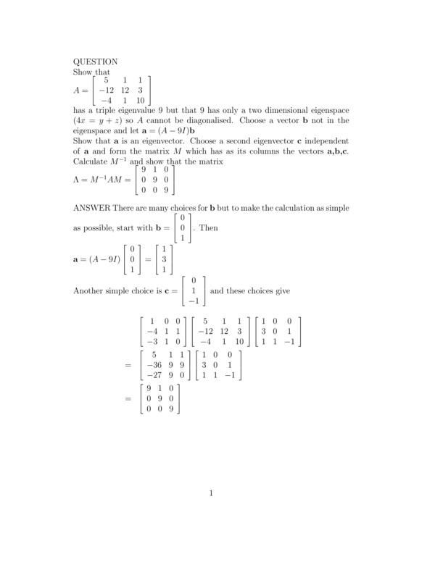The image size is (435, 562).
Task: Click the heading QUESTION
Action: coord(96,62)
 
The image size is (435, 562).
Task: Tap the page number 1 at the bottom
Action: coord(211,495)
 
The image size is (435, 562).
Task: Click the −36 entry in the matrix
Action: coord(154,366)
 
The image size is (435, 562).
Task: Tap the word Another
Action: coord(91,290)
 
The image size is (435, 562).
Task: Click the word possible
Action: coord(101,227)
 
